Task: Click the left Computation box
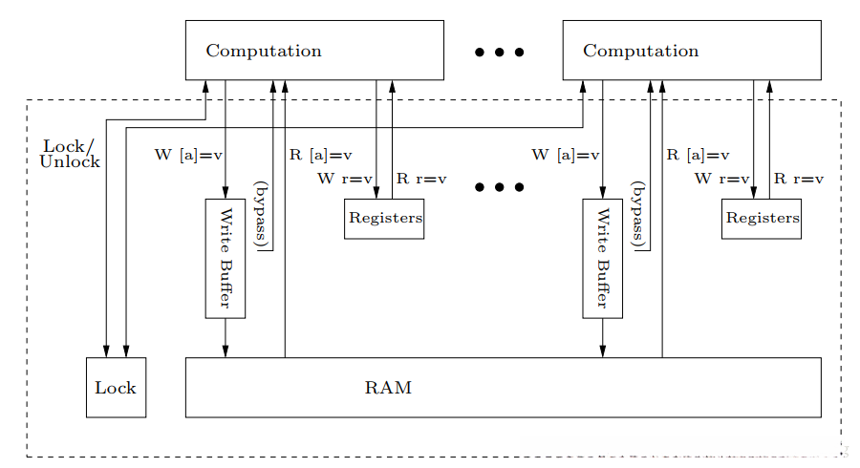pos(313,51)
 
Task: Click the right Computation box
pos(691,51)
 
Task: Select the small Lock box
pos(116,388)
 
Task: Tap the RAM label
pos(388,389)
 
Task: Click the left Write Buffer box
pos(226,258)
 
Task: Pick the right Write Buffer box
pos(602,258)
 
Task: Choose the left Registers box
pos(384,219)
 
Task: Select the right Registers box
pos(761,219)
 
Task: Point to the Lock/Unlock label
pos(69,154)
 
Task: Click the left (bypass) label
pos(260,212)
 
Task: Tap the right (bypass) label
pos(637,212)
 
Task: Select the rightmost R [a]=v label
pos(698,155)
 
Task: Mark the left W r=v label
pos(344,179)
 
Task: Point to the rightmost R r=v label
pos(798,179)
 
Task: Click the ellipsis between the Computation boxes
pos(500,53)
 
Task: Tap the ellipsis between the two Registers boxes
pos(500,187)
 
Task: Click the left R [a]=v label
pos(320,155)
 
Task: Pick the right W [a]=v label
pos(566,155)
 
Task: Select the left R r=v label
pos(421,179)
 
